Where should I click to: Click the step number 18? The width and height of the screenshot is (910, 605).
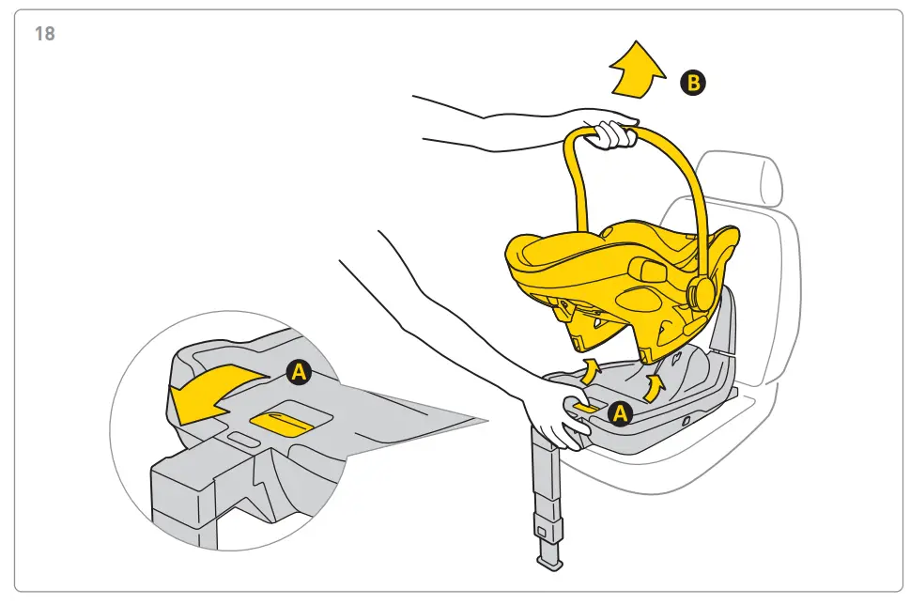coord(44,35)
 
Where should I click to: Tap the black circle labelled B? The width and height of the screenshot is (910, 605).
coord(693,84)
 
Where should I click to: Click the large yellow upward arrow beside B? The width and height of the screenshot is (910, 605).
coord(636,70)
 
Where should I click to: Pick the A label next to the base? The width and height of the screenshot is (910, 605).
coord(619,412)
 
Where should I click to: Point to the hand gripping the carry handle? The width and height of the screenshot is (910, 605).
coord(612,133)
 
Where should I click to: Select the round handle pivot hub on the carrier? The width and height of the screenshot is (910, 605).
coord(700,294)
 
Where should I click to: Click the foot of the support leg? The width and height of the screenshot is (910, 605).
coord(548,562)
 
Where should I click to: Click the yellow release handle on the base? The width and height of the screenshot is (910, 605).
coord(588,407)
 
